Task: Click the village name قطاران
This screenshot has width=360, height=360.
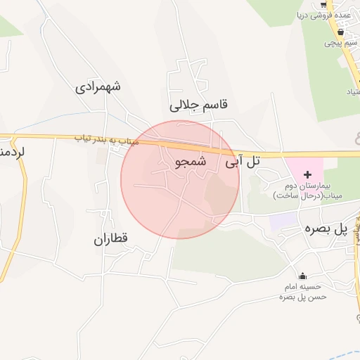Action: pos(111,239)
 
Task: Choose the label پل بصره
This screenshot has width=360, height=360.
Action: pos(326,229)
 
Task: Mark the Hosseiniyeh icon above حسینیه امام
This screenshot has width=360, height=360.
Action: pos(303,275)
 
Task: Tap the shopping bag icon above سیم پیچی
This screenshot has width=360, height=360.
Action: pos(341,32)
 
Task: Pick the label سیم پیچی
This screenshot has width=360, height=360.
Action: pos(341,43)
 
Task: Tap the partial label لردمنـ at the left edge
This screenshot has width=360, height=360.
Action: pos(12,150)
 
